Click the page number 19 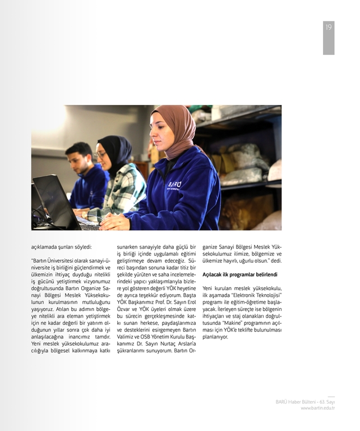[329, 27]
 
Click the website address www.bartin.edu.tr [317, 408]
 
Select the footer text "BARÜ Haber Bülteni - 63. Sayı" [305, 402]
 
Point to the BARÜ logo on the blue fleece [174, 185]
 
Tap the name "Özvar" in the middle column [126, 309]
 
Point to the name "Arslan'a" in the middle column [181, 344]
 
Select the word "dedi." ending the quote [275, 260]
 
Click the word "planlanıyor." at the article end [215, 337]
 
